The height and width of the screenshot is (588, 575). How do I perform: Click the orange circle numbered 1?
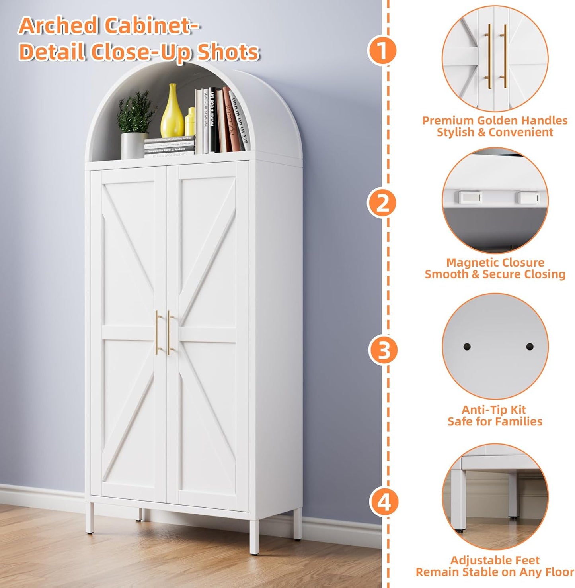(x=382, y=51)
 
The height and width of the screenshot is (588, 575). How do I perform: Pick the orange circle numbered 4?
(x=384, y=502)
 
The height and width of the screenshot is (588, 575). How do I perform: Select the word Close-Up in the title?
(x=141, y=52)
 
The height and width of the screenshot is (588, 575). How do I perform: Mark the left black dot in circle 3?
(x=467, y=347)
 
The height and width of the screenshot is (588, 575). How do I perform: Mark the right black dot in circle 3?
(x=530, y=347)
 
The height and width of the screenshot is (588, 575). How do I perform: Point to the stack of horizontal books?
(x=170, y=147)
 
